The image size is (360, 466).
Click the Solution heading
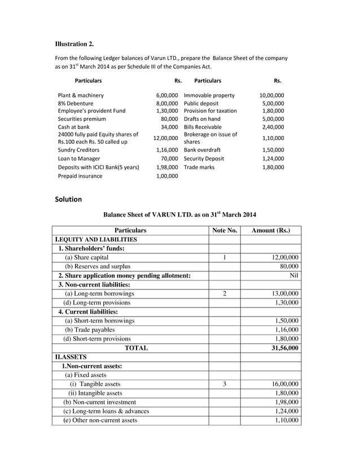point(68,199)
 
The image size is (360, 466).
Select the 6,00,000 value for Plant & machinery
point(167,95)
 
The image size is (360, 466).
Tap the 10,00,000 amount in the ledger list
point(271,95)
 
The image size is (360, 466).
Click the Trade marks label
point(199,167)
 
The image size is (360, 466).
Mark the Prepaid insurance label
point(80,175)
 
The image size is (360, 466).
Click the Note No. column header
point(225,230)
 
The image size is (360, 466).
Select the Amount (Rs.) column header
point(271,230)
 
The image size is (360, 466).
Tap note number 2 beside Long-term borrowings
point(225,293)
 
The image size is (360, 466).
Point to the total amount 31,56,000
point(284,348)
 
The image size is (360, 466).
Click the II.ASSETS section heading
point(71,357)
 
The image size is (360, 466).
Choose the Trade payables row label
point(90,329)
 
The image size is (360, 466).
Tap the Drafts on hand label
point(202,119)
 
